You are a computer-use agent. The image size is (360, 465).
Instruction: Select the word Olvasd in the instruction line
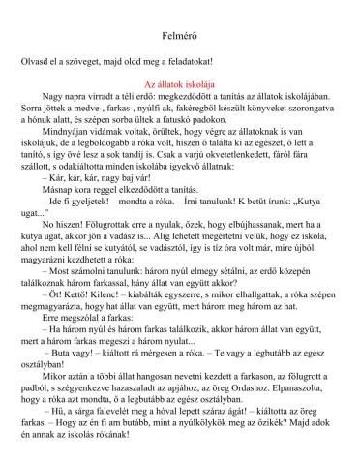click(x=35, y=60)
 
